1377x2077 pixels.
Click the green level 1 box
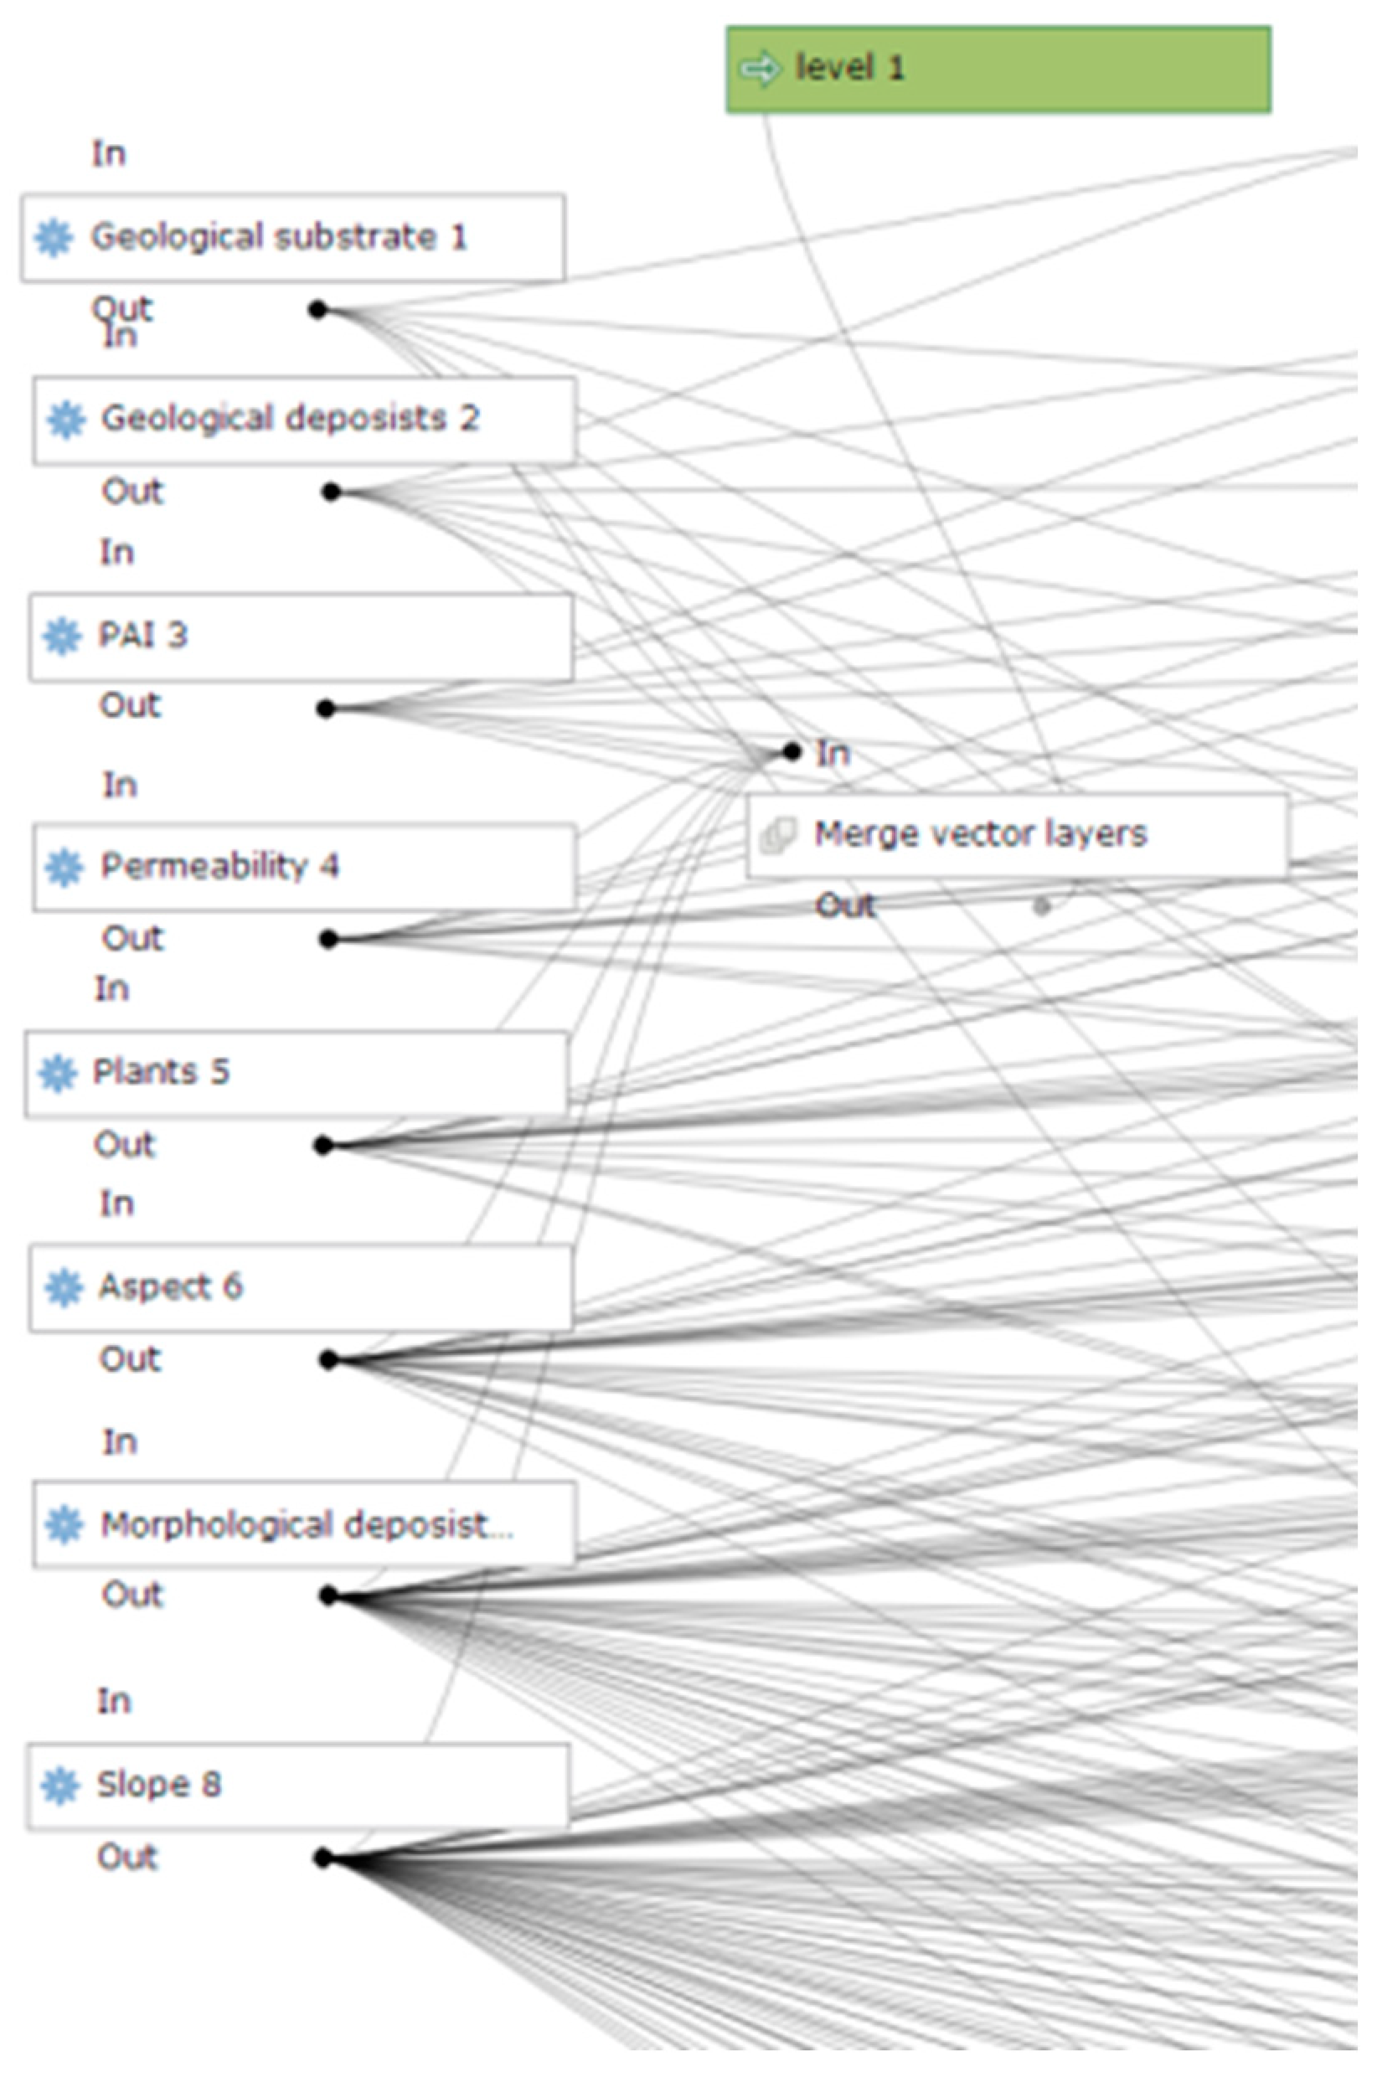998,70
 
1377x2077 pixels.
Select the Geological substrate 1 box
292,238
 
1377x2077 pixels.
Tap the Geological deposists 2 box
304,420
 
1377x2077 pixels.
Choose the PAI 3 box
301,636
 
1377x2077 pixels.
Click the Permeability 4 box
304,867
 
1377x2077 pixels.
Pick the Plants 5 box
296,1073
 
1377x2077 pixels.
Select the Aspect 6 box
301,1287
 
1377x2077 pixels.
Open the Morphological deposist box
304,1524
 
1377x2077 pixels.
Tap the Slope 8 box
297,1785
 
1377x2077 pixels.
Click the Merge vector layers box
1017,835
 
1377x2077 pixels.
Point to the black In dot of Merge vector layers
792,751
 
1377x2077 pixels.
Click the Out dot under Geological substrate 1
318,310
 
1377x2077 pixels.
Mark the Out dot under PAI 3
326,709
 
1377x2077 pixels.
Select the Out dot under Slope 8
323,1858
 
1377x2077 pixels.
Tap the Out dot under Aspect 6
328,1360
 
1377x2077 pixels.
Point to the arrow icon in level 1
760,69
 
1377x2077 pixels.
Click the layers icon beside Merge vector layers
778,834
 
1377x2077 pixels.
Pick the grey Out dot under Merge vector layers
1041,906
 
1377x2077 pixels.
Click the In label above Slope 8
114,1701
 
